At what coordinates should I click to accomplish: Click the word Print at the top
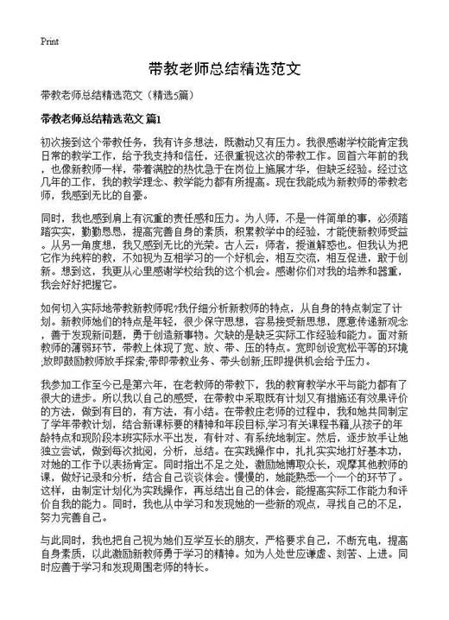[49, 41]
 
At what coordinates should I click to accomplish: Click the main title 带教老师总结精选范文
[224, 67]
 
